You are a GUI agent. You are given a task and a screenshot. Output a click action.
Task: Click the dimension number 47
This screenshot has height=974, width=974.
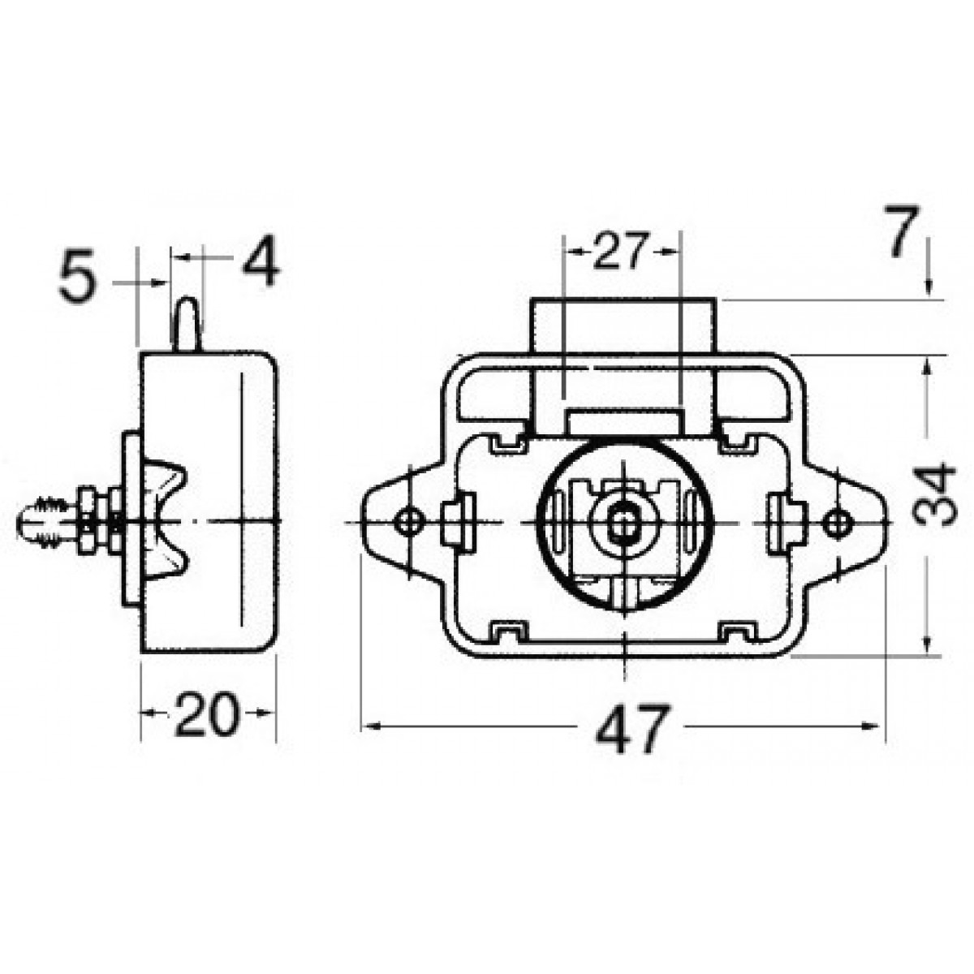(633, 728)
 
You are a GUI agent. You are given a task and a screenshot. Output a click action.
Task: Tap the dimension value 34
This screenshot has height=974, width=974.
(933, 495)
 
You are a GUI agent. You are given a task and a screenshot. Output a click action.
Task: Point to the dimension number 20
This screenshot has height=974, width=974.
(206, 714)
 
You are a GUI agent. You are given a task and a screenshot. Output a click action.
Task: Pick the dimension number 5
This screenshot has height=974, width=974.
(77, 276)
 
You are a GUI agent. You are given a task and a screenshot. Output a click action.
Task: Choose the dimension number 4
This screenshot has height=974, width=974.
(261, 260)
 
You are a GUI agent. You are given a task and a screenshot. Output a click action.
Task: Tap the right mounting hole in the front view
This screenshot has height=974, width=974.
(837, 523)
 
